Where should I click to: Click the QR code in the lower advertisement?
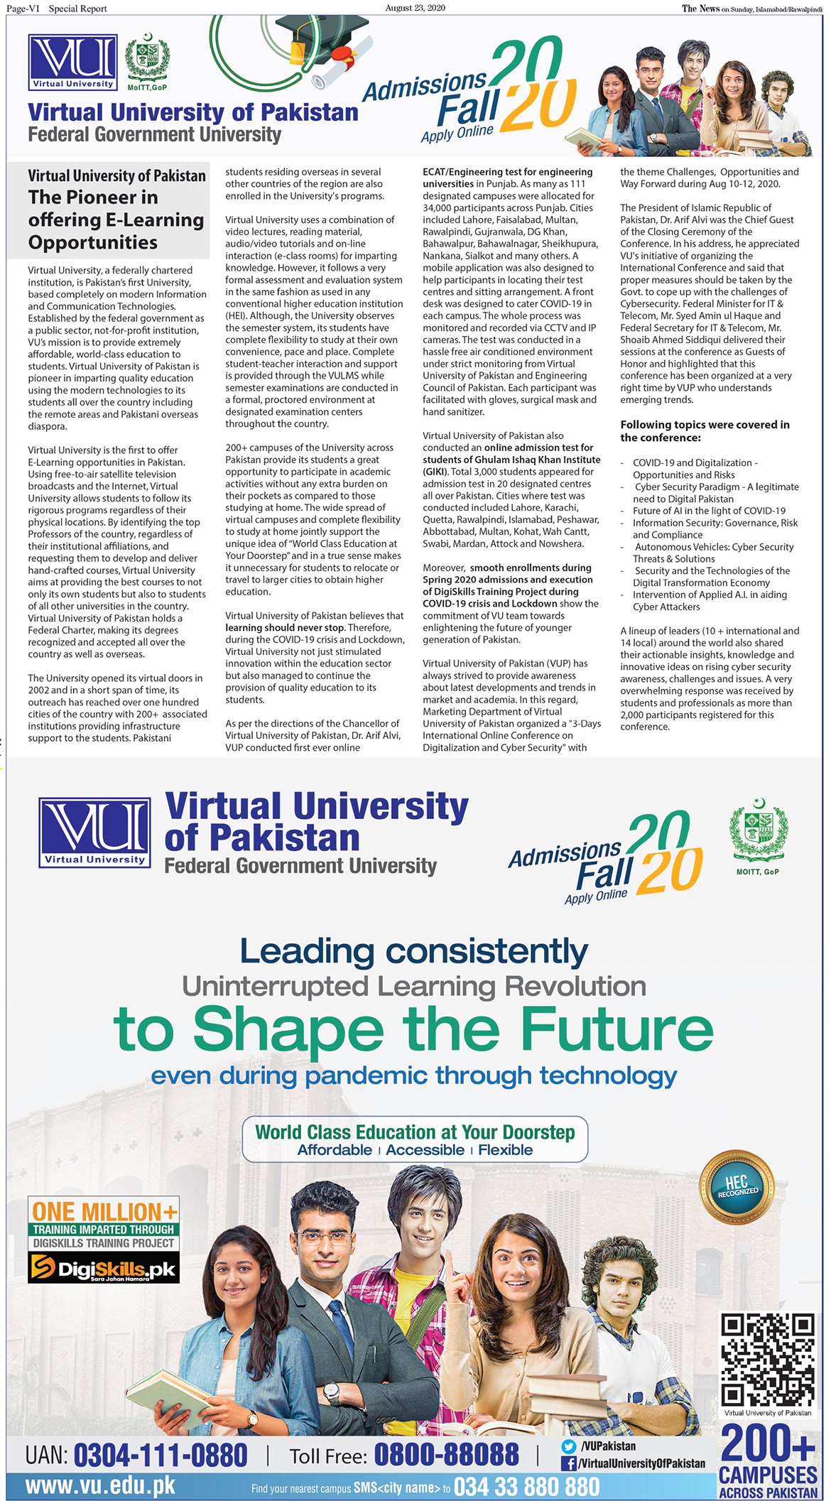767,1359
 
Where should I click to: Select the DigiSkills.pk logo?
104,1268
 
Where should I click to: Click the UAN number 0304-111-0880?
160,1455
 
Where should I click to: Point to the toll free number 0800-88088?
446,1455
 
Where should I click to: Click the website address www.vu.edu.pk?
100,1485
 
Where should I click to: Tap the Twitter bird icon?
568,1446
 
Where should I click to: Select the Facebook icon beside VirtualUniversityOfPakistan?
568,1463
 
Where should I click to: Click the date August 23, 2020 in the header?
415,8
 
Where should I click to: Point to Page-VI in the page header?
23,9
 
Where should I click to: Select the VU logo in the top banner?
73,63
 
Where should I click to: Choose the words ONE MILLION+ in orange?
104,1211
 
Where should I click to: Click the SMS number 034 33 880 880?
526,1486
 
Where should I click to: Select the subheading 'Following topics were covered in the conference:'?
705,430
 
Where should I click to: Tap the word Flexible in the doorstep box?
505,1150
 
